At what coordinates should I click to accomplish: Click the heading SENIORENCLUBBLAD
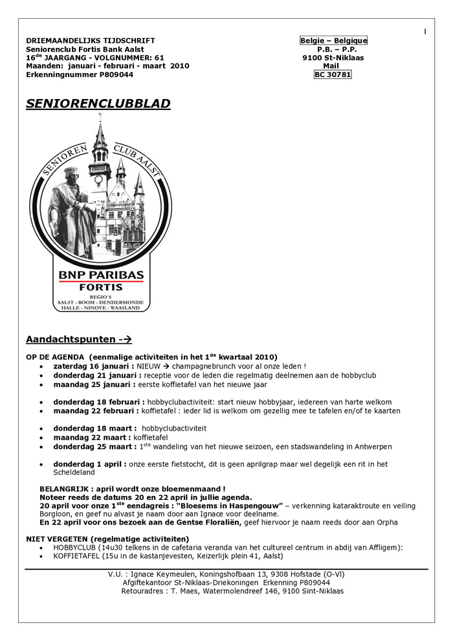point(98,104)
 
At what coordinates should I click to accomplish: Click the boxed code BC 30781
point(333,74)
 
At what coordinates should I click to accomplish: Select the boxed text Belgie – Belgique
point(333,41)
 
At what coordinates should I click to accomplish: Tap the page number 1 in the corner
point(425,31)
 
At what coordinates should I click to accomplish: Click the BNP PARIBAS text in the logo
point(102,275)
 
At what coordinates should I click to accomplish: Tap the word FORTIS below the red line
point(101,289)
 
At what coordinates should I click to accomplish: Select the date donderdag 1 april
point(90,464)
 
